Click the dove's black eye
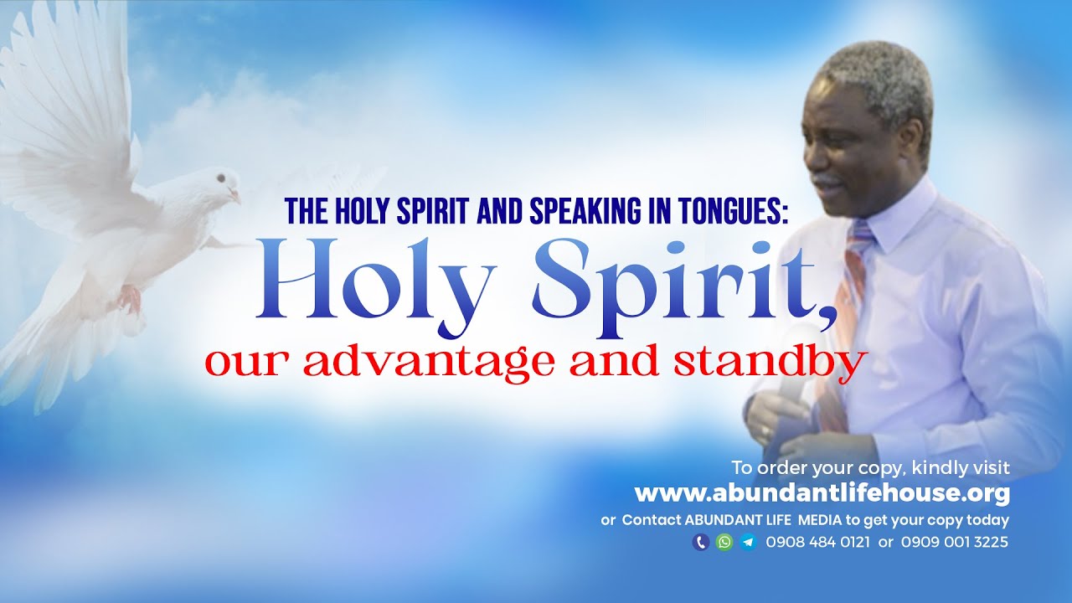tap(219, 178)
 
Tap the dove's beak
tap(236, 198)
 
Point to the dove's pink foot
tap(129, 298)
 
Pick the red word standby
tap(779, 362)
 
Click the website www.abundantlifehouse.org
tap(822, 492)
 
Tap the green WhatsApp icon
tap(724, 542)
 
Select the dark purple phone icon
tap(701, 542)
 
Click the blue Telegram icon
tap(748, 542)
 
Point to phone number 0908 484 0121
tap(817, 542)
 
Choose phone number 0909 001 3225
tap(955, 542)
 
